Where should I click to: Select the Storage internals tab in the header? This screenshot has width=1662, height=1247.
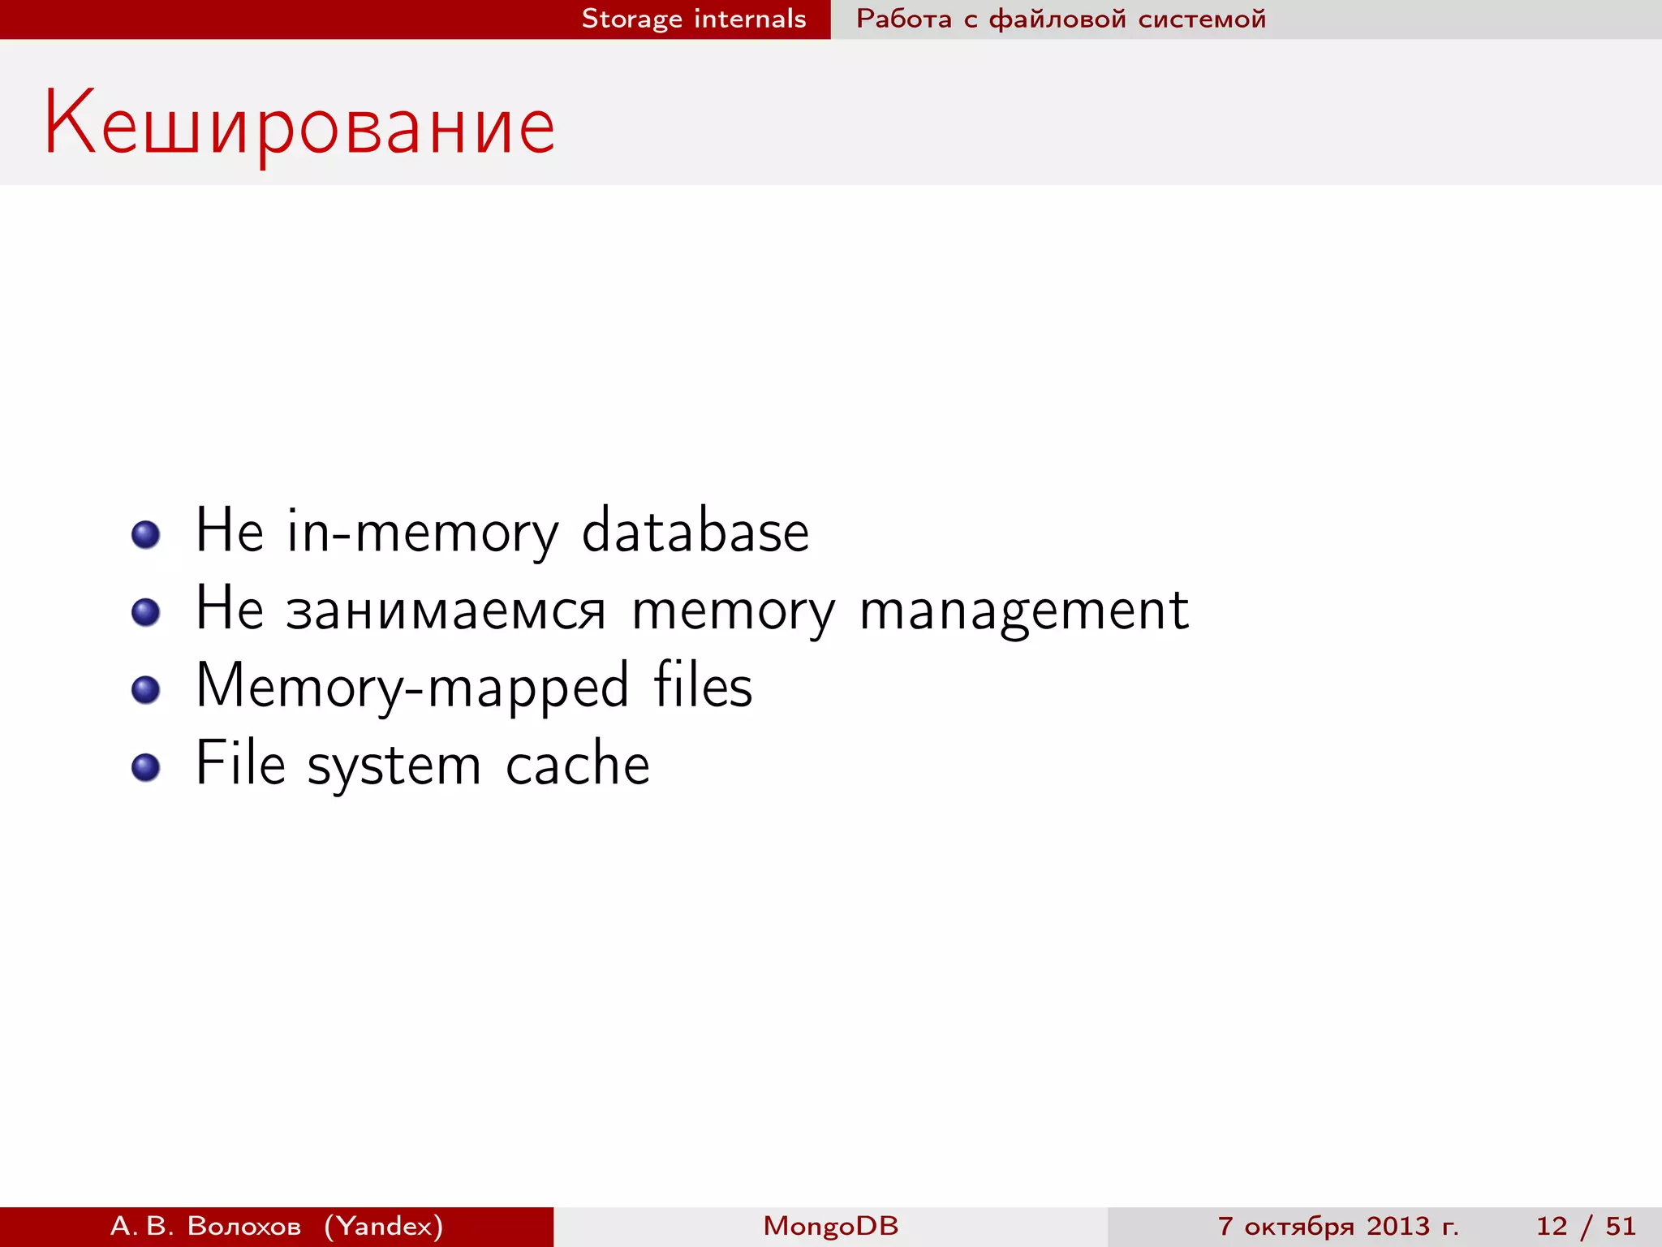click(x=694, y=19)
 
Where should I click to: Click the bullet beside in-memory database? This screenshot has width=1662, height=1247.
click(x=146, y=534)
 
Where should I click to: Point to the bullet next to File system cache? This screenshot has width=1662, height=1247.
click(x=146, y=767)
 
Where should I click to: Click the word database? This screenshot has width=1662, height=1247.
click(x=695, y=531)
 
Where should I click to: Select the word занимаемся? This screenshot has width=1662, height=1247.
click(x=446, y=610)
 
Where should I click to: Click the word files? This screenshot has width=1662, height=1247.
click(x=703, y=686)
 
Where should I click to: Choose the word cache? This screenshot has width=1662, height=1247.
click(x=578, y=765)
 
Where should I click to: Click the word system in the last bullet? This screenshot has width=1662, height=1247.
click(x=394, y=766)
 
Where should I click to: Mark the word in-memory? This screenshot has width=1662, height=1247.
click(x=422, y=533)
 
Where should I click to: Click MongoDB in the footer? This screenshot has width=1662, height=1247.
click(x=831, y=1226)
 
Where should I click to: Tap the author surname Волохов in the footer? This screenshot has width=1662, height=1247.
click(x=243, y=1226)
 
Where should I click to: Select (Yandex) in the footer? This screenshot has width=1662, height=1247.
click(x=384, y=1226)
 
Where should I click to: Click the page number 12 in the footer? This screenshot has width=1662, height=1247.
click(x=1552, y=1226)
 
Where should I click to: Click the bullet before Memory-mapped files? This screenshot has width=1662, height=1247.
click(x=146, y=690)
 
